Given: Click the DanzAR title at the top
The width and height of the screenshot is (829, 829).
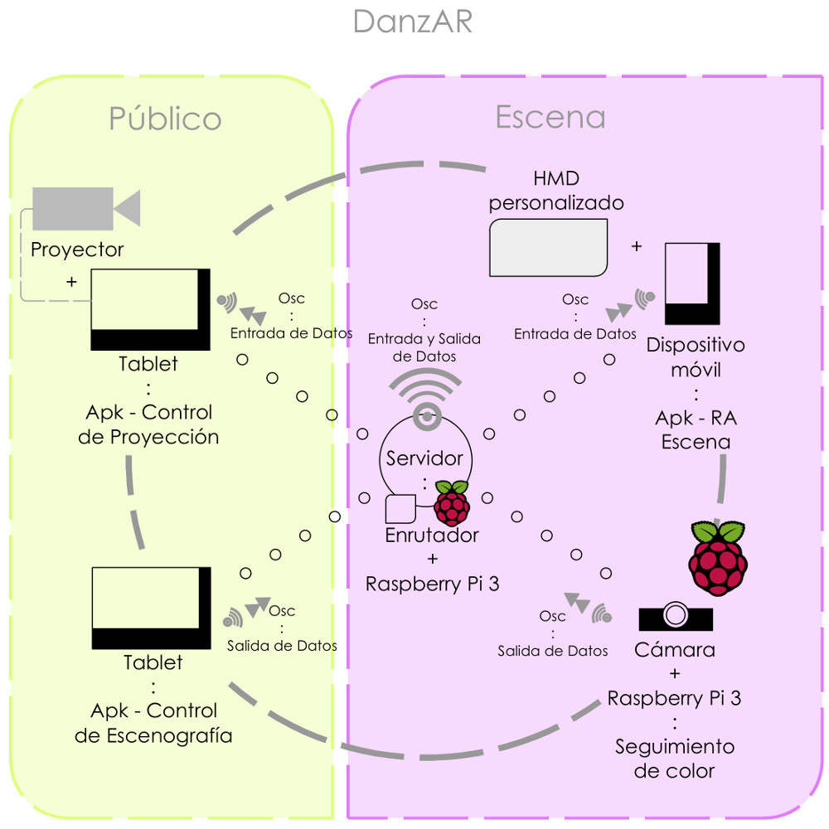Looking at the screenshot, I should coord(412,21).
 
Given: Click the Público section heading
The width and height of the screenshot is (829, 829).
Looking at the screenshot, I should coord(165,119).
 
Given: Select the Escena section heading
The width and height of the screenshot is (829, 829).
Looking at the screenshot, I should coord(550,117).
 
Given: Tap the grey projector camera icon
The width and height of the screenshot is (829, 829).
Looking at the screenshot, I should coord(85,208).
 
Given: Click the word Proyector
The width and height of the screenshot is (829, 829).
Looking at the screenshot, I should coord(77,250).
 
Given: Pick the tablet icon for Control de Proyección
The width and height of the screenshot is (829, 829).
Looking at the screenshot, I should coord(150,310).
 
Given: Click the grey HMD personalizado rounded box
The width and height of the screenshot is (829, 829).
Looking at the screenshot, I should coord(548,247).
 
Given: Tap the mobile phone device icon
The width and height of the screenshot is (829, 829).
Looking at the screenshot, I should coord(692,283).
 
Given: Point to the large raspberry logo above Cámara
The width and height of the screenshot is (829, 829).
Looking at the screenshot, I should coord(718,558).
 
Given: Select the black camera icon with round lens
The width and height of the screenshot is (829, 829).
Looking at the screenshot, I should coord(676,617).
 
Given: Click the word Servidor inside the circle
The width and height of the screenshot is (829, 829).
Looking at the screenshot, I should coord(424,458).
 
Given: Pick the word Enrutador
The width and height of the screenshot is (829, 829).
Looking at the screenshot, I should coord(432,536).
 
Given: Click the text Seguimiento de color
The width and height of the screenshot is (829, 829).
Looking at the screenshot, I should coord(674,759).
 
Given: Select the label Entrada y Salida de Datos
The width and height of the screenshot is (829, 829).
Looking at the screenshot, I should coord(424,347).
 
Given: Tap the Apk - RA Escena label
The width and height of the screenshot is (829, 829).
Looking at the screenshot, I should coord(696,429).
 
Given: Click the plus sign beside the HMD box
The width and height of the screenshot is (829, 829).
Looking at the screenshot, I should coord(637,246).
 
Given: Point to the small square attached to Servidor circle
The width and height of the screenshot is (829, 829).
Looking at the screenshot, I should coord(401,508).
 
